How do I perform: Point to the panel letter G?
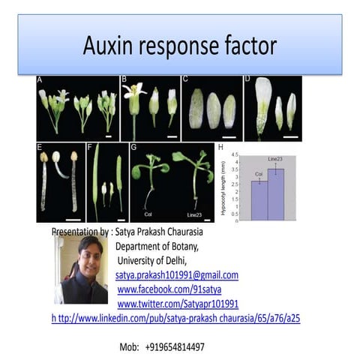coord(134,147)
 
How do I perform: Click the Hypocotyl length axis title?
coord(223,188)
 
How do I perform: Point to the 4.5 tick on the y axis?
coord(235,154)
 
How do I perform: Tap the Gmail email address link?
coord(176,274)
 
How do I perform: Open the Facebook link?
coord(169,289)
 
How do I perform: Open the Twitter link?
coord(178,303)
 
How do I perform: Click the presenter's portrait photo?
coord(81,270)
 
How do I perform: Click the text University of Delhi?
coord(155,260)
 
